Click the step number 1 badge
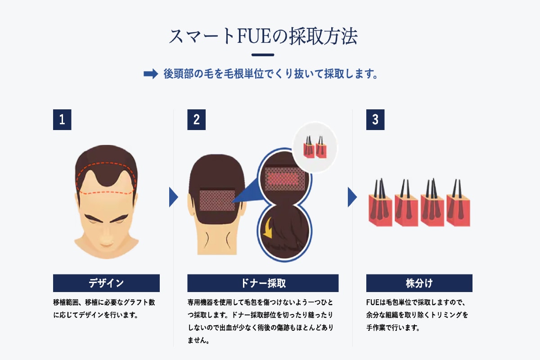[x=62, y=120]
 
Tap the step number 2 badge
[x=197, y=120]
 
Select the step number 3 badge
[x=375, y=120]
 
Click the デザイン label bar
[x=106, y=283]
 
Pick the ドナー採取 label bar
[x=263, y=283]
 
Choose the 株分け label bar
[x=419, y=283]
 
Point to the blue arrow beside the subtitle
[x=151, y=74]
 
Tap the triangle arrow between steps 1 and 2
[x=173, y=197]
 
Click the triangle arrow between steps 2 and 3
[x=352, y=197]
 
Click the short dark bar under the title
[x=263, y=55]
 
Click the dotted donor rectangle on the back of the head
[x=217, y=200]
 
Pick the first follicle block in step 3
[x=380, y=202]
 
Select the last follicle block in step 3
[x=458, y=202]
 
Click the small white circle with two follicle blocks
[x=315, y=147]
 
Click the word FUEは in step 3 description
[x=376, y=302]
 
